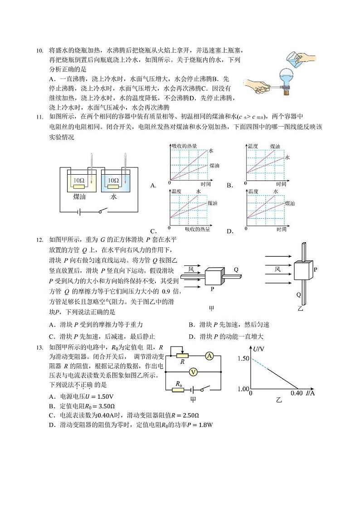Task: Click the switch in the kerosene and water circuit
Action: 102,211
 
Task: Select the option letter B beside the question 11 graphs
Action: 230,185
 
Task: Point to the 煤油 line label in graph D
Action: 289,205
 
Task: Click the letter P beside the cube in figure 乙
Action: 315,269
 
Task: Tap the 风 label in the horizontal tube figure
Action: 192,269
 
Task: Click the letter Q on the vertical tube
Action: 298,294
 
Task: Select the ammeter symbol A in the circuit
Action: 209,357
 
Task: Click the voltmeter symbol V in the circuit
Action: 193,372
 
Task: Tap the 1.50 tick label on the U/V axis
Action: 243,358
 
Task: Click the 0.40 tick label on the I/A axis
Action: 297,393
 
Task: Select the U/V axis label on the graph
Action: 260,349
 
